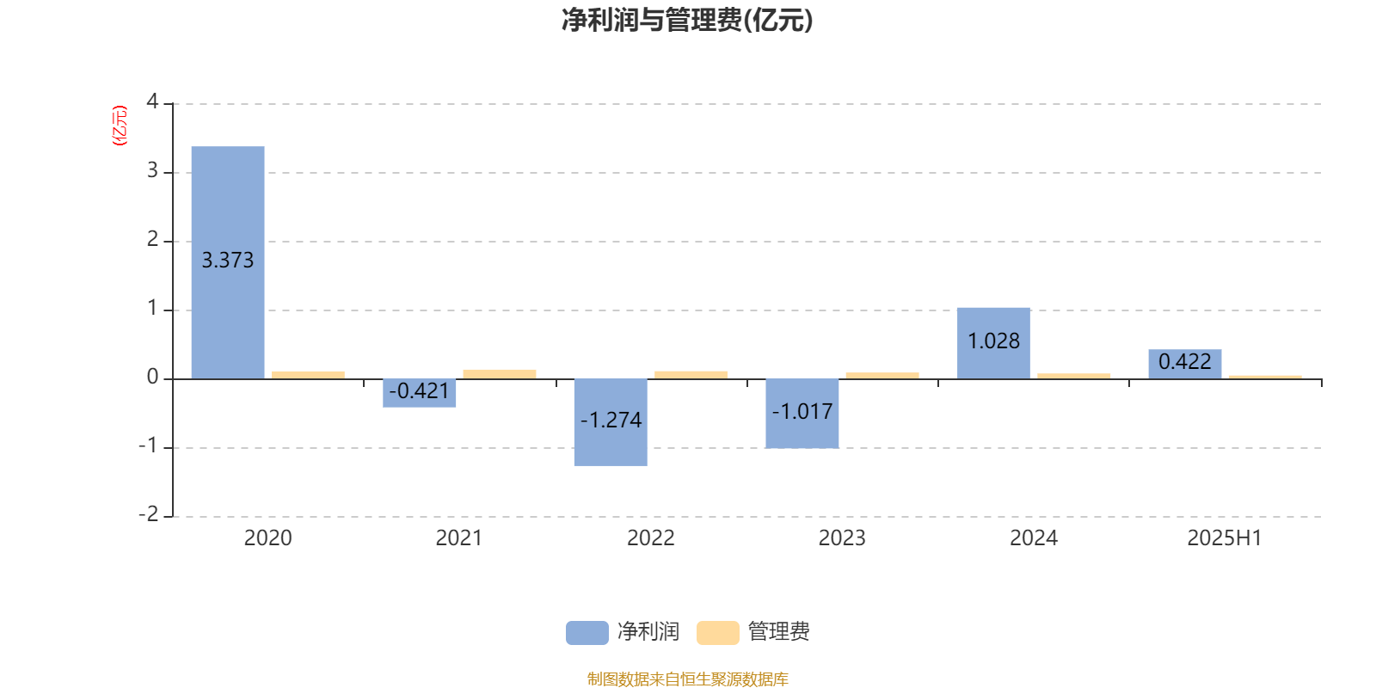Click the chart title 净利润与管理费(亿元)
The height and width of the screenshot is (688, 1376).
coord(687,21)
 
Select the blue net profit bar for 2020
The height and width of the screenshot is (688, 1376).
coord(228,262)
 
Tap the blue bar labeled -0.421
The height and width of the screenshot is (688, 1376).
coord(420,393)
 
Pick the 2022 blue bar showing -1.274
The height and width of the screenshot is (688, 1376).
coord(611,422)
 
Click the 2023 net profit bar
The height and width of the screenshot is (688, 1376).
coord(802,414)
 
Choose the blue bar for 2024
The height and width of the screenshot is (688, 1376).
coord(993,343)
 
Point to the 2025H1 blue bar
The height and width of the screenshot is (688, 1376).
coord(1185,365)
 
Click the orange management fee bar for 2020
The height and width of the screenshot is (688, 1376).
coord(309,375)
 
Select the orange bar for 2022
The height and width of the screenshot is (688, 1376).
coord(691,375)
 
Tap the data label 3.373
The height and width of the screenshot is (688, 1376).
coord(228,261)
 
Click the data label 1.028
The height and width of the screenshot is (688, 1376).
coord(993,341)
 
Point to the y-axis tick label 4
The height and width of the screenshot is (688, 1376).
coord(152,101)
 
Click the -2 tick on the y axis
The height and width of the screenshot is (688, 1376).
coord(149,514)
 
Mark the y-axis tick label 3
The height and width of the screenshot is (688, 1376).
coord(152,170)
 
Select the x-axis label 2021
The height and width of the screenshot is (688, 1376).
coord(459,538)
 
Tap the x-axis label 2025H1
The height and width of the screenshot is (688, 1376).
coord(1225,538)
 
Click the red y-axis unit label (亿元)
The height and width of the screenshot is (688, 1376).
coord(120,126)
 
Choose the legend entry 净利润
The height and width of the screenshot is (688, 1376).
coord(623,632)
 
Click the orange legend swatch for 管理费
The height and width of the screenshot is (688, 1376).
coord(717,633)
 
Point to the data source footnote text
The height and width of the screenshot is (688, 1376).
coord(687,679)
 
